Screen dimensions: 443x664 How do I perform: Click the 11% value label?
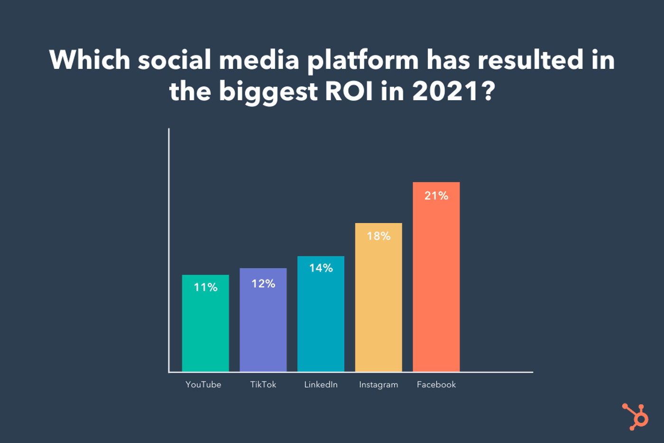pyautogui.click(x=205, y=287)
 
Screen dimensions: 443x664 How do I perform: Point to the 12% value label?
pyautogui.click(x=263, y=283)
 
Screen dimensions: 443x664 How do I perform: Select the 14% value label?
pyautogui.click(x=321, y=268)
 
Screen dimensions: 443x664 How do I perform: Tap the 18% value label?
pyautogui.click(x=378, y=236)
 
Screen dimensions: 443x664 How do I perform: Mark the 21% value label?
pyautogui.click(x=436, y=196)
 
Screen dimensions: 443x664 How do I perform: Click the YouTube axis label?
pyautogui.click(x=203, y=385)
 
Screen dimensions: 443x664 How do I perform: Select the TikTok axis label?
pyautogui.click(x=263, y=385)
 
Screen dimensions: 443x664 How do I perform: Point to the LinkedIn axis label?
pyautogui.click(x=321, y=385)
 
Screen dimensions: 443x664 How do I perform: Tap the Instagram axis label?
pyautogui.click(x=378, y=385)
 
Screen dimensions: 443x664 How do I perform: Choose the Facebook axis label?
pyautogui.click(x=436, y=385)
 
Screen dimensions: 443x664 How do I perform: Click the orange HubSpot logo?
pyautogui.click(x=636, y=416)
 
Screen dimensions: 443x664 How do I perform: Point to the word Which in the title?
pyautogui.click(x=90, y=60)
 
